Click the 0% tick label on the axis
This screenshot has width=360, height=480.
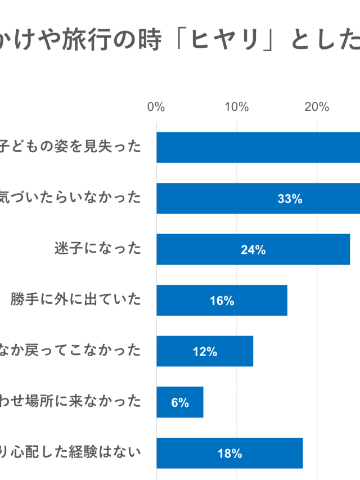click(156, 107)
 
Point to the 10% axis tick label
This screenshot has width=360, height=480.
click(236, 107)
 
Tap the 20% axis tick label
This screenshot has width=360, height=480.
click(317, 107)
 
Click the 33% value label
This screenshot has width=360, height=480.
click(290, 199)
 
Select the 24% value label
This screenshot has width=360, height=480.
click(253, 250)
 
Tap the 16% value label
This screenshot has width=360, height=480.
click(222, 301)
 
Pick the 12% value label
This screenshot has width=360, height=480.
click(205, 352)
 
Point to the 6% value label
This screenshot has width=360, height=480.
click(180, 403)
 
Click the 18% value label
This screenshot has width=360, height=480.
click(229, 454)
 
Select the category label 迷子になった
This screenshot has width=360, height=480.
click(98, 249)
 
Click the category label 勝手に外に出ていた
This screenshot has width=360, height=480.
click(75, 300)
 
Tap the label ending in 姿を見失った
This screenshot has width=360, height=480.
click(70, 147)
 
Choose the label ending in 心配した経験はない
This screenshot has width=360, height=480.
click(70, 452)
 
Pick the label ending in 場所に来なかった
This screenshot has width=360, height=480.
click(70, 402)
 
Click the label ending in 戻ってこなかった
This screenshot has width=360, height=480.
click(70, 351)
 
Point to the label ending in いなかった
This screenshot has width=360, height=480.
click(70, 198)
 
